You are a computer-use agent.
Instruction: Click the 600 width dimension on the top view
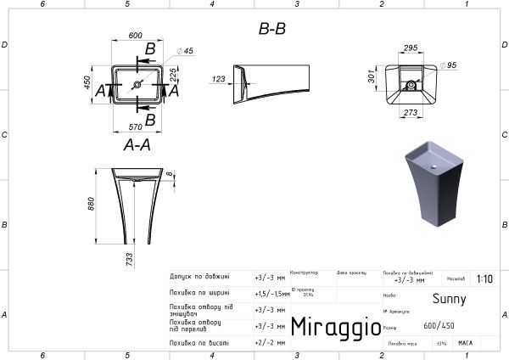(x=135, y=36)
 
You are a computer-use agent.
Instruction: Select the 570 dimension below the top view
(x=135, y=127)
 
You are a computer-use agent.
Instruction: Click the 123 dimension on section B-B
(x=218, y=80)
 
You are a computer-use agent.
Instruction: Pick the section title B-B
(x=271, y=30)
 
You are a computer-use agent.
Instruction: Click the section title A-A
(x=137, y=145)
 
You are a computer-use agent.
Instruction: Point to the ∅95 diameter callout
(x=450, y=65)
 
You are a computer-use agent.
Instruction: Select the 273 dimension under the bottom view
(x=411, y=113)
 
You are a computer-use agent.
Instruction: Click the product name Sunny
(x=450, y=299)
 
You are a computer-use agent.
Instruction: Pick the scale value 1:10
(x=484, y=278)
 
